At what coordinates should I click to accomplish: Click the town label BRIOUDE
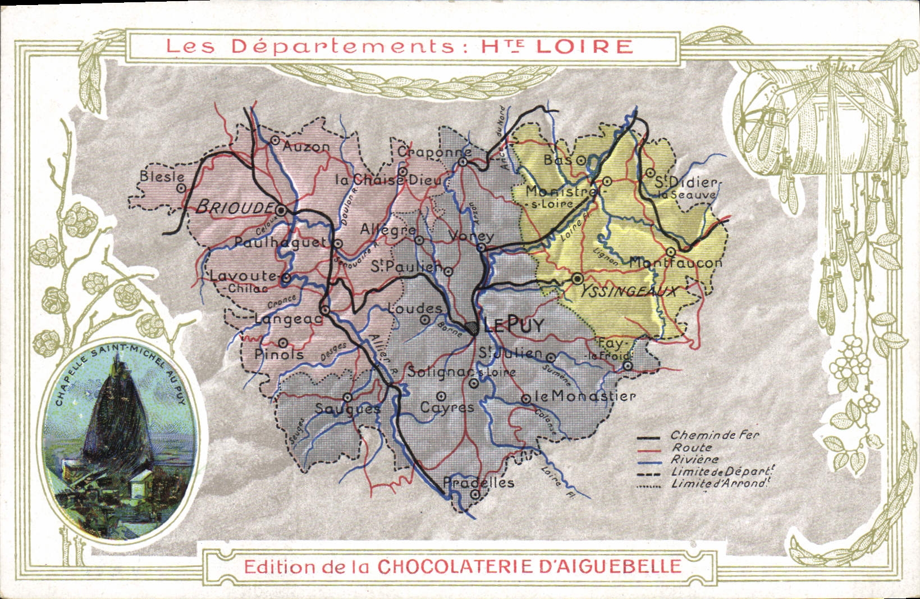pyautogui.click(x=233, y=207)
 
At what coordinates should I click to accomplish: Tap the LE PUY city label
pyautogui.click(x=514, y=325)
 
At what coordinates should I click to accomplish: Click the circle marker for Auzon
pyautogui.click(x=275, y=140)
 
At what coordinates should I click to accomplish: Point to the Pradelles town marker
pyautogui.click(x=475, y=494)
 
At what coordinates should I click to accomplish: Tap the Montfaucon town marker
pyautogui.click(x=671, y=252)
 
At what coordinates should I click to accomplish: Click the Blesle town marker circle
pyautogui.click(x=181, y=189)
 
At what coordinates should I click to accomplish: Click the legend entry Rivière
pyautogui.click(x=695, y=460)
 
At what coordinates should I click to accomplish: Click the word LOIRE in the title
pyautogui.click(x=584, y=46)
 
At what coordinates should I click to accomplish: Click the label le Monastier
pyautogui.click(x=584, y=396)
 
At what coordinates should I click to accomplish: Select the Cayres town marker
pyautogui.click(x=442, y=396)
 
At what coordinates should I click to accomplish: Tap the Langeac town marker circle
pyautogui.click(x=325, y=310)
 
